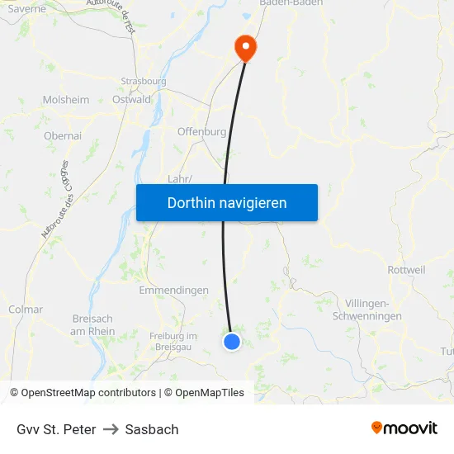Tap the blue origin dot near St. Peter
tap(232, 341)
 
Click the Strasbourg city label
tap(144, 82)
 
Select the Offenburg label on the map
tap(201, 131)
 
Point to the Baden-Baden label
tap(291, 4)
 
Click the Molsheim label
tap(66, 100)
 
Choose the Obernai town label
tap(63, 135)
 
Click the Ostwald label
tap(132, 100)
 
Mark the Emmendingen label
tap(173, 291)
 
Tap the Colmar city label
tap(25, 310)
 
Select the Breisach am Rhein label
tap(93, 324)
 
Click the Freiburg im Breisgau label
tap(173, 341)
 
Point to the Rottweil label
tap(406, 270)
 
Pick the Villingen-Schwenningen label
tap(367, 310)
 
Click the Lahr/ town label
tap(180, 179)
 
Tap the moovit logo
tap(404, 428)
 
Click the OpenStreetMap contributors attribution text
tap(88, 393)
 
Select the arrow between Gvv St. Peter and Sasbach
tap(111, 429)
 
